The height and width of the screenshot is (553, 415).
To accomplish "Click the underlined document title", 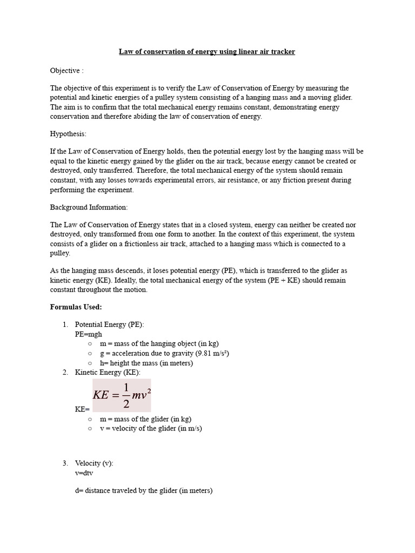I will point(207,52).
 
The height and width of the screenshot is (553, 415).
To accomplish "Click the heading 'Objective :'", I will point(67,71).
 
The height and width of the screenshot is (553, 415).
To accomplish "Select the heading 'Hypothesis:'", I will point(68,133).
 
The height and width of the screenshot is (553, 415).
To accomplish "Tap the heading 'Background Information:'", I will point(89,207).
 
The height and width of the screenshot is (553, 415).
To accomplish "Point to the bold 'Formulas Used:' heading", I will point(76,307).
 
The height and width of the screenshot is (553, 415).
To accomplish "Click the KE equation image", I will point(122,395).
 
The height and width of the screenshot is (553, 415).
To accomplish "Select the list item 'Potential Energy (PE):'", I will point(109,325).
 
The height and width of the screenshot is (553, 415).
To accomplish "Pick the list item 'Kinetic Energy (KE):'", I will point(107,373).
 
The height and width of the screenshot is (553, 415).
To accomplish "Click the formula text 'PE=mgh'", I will point(88,334).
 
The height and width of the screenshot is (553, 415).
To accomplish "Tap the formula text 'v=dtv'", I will point(84,473).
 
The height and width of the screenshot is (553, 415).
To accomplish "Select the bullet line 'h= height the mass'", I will point(146,363).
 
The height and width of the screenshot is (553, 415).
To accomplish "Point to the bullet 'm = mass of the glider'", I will point(145,419).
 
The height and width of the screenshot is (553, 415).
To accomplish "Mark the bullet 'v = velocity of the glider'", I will point(151,429).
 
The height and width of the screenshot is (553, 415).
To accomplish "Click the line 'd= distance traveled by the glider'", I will point(143,491).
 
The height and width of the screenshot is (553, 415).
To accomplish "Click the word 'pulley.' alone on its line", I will point(60,253).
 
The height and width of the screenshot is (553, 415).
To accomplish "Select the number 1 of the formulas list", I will point(64,325).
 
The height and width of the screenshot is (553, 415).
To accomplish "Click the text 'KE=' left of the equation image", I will point(82,409).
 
